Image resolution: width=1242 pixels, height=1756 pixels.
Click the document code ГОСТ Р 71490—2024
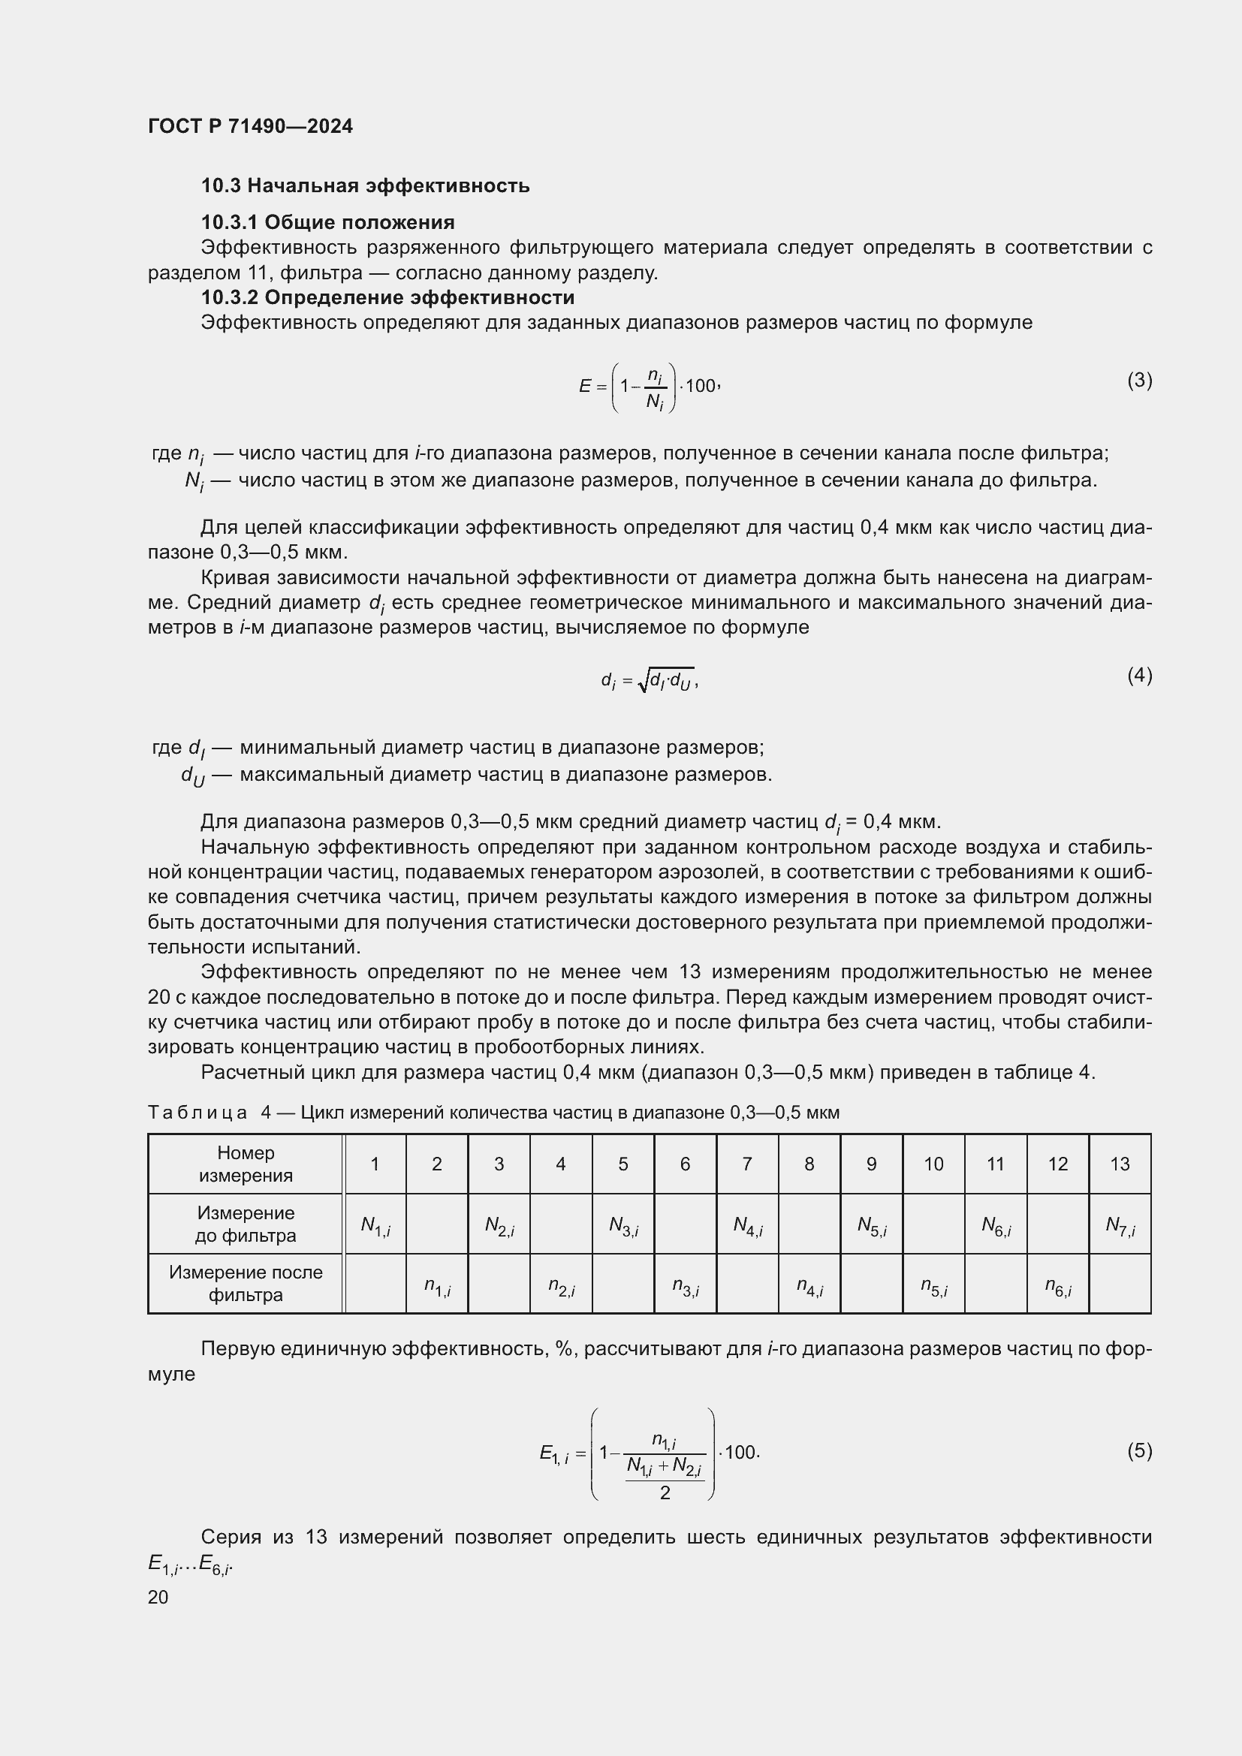(x=250, y=126)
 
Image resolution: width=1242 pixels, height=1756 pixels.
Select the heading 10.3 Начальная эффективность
(x=365, y=186)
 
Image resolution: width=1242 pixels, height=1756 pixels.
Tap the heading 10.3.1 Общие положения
(x=327, y=222)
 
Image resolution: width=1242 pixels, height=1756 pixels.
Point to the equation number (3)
(x=1139, y=380)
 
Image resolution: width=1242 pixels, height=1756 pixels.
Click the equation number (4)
(x=1139, y=675)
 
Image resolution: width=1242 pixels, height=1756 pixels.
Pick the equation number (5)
(x=1139, y=1450)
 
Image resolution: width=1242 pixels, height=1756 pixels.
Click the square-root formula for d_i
(x=650, y=679)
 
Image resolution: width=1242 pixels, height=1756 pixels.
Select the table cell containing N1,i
(x=375, y=1226)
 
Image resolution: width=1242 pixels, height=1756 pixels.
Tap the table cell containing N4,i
(x=747, y=1226)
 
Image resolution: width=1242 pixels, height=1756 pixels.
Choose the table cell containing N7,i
(x=1120, y=1226)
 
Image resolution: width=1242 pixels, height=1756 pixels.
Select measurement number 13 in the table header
(x=1120, y=1164)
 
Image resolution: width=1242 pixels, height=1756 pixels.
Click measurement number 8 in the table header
(x=809, y=1164)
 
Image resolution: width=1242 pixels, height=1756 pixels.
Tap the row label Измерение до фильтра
(x=246, y=1224)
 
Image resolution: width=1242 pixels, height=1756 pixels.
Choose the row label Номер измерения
(x=246, y=1164)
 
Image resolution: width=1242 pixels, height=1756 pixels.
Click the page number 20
(x=158, y=1597)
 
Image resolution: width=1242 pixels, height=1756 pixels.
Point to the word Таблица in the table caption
(x=197, y=1113)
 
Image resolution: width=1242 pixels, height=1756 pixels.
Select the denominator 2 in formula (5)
(x=665, y=1493)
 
